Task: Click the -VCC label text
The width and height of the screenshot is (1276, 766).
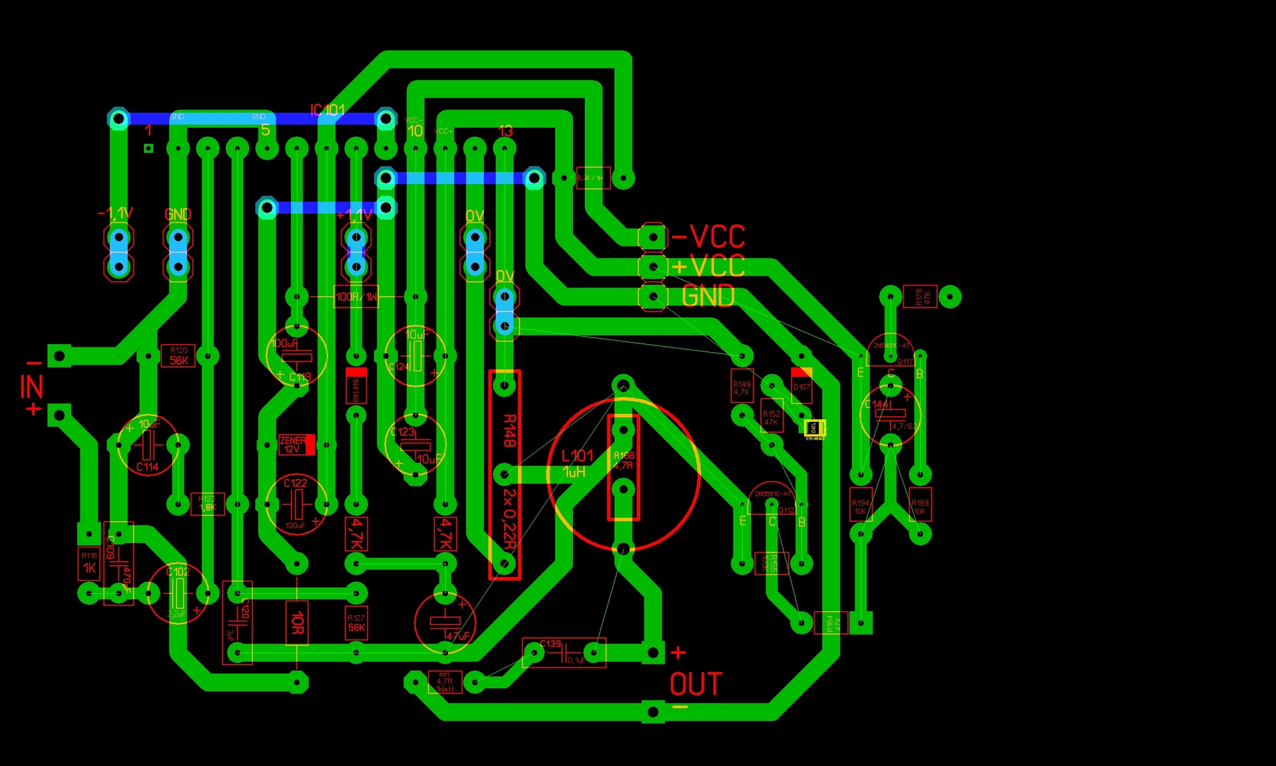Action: [708, 237]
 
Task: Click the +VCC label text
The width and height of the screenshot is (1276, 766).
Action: [708, 266]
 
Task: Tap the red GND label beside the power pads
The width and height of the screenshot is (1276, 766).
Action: [708, 296]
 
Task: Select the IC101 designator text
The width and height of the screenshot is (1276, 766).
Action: [327, 110]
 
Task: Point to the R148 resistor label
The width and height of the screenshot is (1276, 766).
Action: [510, 431]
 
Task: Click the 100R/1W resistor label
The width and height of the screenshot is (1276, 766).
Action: [356, 297]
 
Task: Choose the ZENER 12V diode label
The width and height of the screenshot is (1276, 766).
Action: [293, 444]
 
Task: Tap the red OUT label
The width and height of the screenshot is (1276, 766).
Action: [695, 684]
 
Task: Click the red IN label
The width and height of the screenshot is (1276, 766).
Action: [31, 387]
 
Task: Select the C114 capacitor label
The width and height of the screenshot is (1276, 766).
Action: [148, 467]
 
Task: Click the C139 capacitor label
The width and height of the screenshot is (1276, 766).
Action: [550, 644]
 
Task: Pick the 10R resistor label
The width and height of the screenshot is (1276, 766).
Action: [297, 622]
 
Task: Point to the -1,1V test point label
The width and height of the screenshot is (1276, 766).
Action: [116, 213]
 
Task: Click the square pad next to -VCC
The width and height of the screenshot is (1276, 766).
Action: [653, 237]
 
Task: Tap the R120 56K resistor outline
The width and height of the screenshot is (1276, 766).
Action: [179, 356]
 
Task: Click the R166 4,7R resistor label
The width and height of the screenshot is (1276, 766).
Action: [623, 460]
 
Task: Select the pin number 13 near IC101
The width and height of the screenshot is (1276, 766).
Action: [505, 131]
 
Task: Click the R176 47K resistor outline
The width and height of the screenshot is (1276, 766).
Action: [920, 296]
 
